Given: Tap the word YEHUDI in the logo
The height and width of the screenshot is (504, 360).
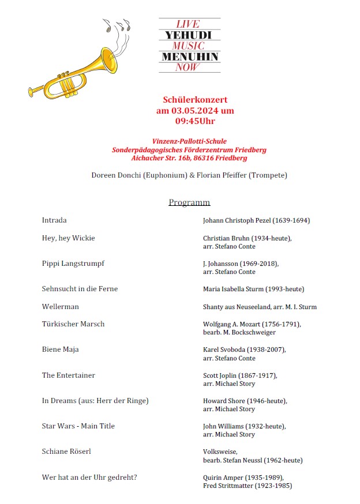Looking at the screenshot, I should pyautogui.click(x=189, y=35).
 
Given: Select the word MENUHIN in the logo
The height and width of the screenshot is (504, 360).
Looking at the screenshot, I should pyautogui.click(x=190, y=57).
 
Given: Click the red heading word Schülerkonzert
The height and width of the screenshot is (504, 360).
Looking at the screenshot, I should pyautogui.click(x=195, y=100).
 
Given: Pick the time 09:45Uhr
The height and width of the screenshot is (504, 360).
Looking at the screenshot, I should pyautogui.click(x=195, y=121).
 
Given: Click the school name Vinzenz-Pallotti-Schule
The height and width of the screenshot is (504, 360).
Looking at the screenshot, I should pyautogui.click(x=189, y=141).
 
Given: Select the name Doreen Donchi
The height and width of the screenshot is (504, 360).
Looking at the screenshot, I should pyautogui.click(x=115, y=175).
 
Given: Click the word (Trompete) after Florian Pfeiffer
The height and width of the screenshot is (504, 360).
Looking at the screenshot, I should pyautogui.click(x=267, y=175).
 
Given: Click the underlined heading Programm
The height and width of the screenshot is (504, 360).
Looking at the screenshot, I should pyautogui.click(x=189, y=202).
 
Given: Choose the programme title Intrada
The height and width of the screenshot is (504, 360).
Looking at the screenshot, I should pyautogui.click(x=54, y=220).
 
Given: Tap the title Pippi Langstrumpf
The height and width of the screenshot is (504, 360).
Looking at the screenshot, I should pyautogui.click(x=73, y=264).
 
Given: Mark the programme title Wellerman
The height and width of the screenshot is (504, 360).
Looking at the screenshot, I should pyautogui.click(x=61, y=307).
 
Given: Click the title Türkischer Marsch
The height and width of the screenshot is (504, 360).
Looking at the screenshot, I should pyautogui.click(x=73, y=324).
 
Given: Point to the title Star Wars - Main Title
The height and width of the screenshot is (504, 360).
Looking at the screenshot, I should pyautogui.click(x=78, y=426).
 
